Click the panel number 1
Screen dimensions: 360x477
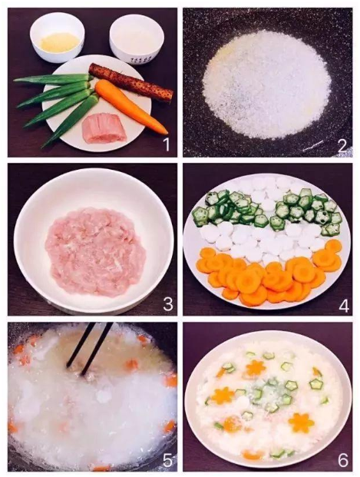[167, 144]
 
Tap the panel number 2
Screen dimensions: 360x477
[342, 146]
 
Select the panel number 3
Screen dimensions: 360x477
[168, 303]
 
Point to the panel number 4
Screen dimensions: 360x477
[344, 306]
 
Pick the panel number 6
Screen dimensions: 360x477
[343, 461]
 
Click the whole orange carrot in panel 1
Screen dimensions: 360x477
[130, 107]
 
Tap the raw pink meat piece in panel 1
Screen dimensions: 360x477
[104, 128]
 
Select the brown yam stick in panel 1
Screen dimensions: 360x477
[130, 82]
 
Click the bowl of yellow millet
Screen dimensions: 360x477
[57, 37]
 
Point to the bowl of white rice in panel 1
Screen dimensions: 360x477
[137, 39]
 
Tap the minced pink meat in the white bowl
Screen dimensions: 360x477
[95, 252]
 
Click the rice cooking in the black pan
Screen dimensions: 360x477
[266, 84]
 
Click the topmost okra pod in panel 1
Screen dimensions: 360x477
[53, 78]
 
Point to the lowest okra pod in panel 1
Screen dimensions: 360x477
[71, 121]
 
